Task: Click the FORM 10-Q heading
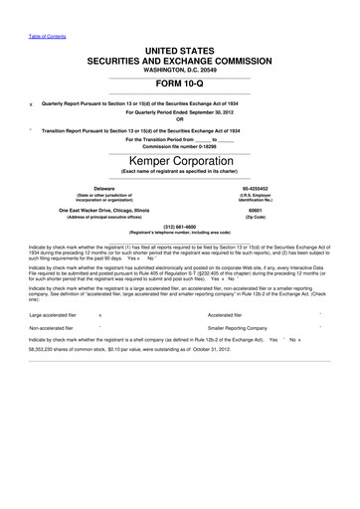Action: point(179,84)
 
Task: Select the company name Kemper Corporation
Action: point(179,160)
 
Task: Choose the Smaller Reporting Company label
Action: point(238,327)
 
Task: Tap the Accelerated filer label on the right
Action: point(227,314)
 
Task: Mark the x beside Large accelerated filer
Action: point(100,314)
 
